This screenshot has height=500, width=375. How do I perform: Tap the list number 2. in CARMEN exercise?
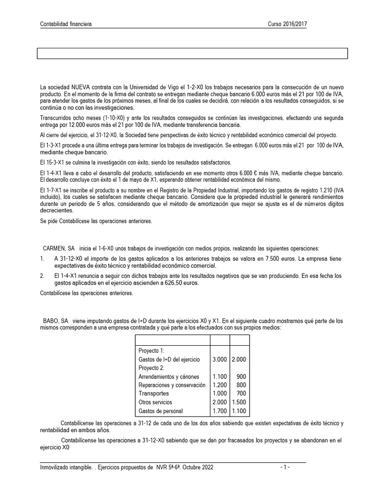pyautogui.click(x=42, y=276)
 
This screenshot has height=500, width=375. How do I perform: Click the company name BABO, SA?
pyautogui.click(x=56, y=321)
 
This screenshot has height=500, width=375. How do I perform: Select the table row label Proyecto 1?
pyautogui.click(x=152, y=351)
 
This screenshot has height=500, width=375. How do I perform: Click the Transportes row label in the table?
pyautogui.click(x=154, y=393)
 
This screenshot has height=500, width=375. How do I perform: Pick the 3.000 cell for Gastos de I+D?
pyautogui.click(x=219, y=359)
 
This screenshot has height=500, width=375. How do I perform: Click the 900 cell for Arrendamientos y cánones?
pyautogui.click(x=241, y=376)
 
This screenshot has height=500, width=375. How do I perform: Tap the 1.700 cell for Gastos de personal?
pyautogui.click(x=219, y=411)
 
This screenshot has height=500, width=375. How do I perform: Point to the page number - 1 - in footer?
pyautogui.click(x=285, y=467)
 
